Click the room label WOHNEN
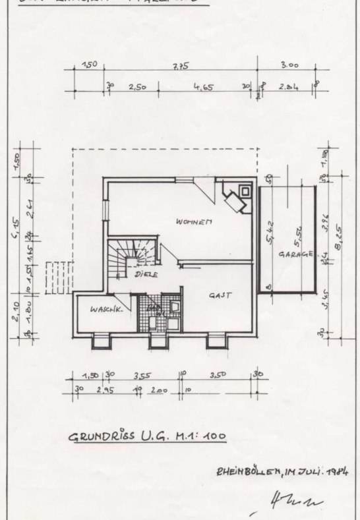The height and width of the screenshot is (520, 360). click(x=193, y=222)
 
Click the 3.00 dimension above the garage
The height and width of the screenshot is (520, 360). click(x=289, y=65)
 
